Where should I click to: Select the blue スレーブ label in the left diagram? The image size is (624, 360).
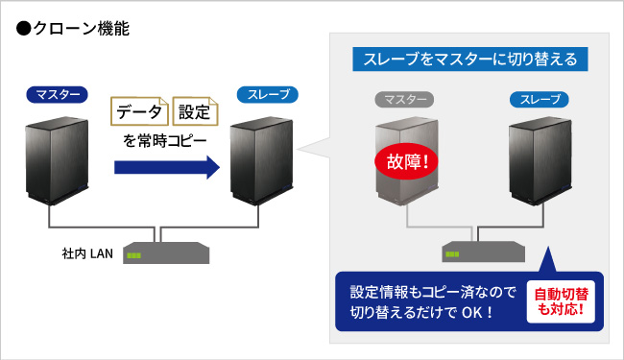(x=267, y=95)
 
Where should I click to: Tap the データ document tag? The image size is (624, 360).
(x=140, y=112)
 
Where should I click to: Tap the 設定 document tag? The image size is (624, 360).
(x=195, y=112)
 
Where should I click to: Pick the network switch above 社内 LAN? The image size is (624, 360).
(x=167, y=252)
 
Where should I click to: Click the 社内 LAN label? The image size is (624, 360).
(x=87, y=254)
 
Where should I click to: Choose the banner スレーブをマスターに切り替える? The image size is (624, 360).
(x=469, y=59)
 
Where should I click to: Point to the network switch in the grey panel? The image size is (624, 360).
(x=482, y=252)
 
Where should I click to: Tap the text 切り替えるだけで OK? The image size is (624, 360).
(x=422, y=312)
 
